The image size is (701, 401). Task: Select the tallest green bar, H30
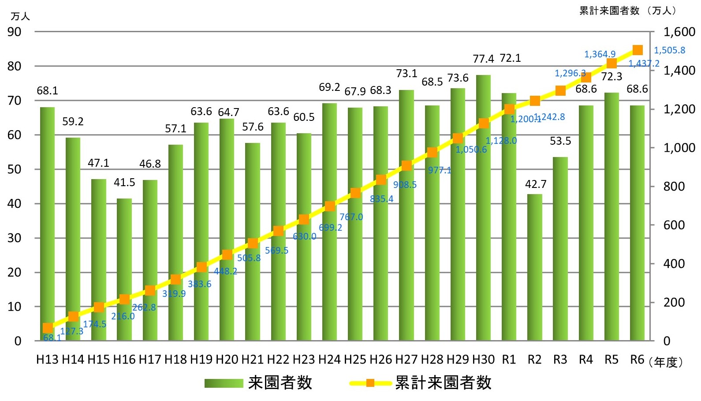coord(483,207)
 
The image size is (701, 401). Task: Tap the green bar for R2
coord(534,267)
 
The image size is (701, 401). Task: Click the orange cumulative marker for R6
coord(637,50)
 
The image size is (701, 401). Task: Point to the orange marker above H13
coord(48,328)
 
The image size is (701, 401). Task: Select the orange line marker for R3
coord(560,90)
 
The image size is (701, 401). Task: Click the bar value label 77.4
coord(483,59)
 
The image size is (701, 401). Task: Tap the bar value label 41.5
coord(124,182)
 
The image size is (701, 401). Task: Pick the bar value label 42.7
coord(535,184)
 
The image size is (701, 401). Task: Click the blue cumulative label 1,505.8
coord(669,50)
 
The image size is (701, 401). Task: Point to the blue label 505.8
coord(249,258)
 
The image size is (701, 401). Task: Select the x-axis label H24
coord(329,360)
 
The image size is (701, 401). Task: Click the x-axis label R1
coord(509,360)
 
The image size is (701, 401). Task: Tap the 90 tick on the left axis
coord(14,32)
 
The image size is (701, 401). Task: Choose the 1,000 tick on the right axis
coord(679,148)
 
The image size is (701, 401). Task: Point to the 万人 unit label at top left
coord(20,16)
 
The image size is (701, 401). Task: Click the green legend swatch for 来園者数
coord(224,383)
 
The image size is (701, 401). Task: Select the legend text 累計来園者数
coord(443,382)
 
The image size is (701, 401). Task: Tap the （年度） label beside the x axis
coord(666,362)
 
